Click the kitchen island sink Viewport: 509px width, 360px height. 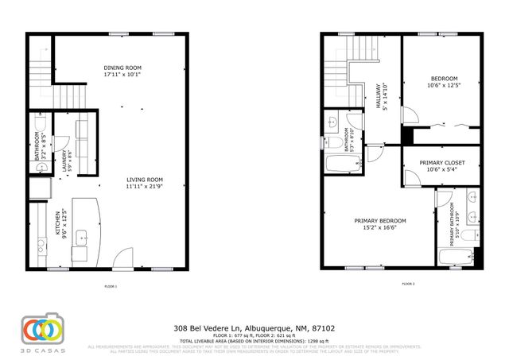coord(82,237)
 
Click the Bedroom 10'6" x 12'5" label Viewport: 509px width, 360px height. coord(444,82)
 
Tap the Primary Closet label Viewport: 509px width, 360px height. coord(442,165)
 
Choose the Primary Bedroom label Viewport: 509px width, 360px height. coord(379,223)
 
